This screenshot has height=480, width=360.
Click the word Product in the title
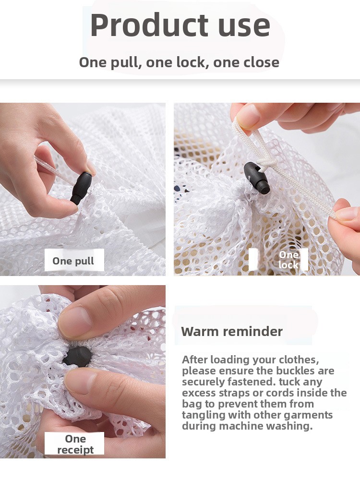[x=149, y=25]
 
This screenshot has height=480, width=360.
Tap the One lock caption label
[x=288, y=260]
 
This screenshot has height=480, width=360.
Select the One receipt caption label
[x=75, y=444]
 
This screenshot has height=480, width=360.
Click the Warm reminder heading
[x=232, y=331]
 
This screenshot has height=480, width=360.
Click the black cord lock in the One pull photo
[x=81, y=188]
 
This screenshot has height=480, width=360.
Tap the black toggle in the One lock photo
[x=257, y=178]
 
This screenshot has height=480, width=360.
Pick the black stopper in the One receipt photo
[x=77, y=356]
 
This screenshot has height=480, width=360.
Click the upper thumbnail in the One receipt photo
[x=76, y=322]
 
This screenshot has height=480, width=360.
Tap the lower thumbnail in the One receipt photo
[x=80, y=380]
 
